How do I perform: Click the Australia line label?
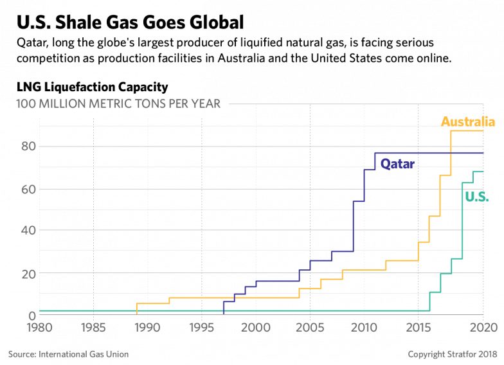pos(467,121)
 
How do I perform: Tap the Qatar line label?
pos(397,163)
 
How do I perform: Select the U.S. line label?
pos(476,197)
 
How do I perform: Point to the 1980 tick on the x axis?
pos(39,328)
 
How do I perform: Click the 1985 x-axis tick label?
pos(93,328)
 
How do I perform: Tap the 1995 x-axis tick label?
pos(202,328)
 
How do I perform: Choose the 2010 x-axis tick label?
pos(364,328)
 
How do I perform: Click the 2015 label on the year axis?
pos(419,328)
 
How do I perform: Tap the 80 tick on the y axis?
pos(25,147)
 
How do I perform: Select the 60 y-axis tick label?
pos(25,189)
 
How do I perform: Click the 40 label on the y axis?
pos(25,231)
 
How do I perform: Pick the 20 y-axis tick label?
pos(25,273)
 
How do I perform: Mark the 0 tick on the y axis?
pos(30,315)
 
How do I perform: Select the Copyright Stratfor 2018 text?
pos(452,353)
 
